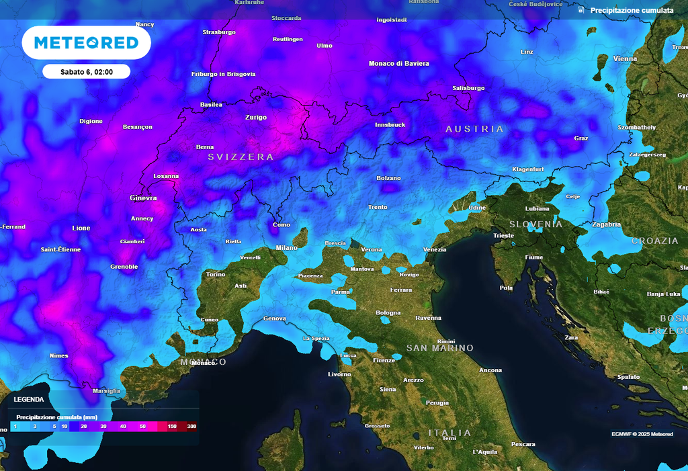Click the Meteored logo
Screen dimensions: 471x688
click(86, 43)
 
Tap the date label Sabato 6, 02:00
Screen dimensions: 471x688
click(86, 71)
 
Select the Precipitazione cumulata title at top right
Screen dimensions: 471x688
click(631, 11)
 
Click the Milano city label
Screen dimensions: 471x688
click(286, 248)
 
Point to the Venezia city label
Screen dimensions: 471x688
click(435, 250)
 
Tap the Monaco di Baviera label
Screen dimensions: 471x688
click(398, 64)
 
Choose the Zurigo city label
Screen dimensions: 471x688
click(255, 118)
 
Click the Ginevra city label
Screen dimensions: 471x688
click(143, 198)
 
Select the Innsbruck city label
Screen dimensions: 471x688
click(390, 125)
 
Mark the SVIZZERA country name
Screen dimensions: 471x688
click(241, 157)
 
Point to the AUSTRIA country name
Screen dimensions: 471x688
click(474, 129)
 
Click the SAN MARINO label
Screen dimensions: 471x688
click(440, 348)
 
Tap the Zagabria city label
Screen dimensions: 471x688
click(606, 224)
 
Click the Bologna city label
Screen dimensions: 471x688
click(388, 313)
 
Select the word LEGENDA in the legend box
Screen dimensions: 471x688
click(29, 399)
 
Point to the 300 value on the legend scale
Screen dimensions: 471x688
click(191, 427)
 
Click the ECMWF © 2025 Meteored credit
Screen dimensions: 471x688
click(642, 434)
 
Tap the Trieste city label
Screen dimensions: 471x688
click(503, 236)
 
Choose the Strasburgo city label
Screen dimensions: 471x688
click(219, 32)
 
